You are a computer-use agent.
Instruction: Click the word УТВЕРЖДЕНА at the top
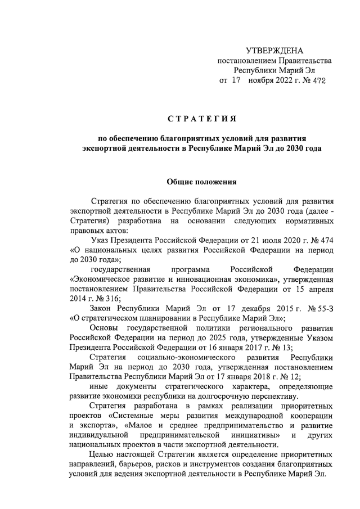[274, 52]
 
